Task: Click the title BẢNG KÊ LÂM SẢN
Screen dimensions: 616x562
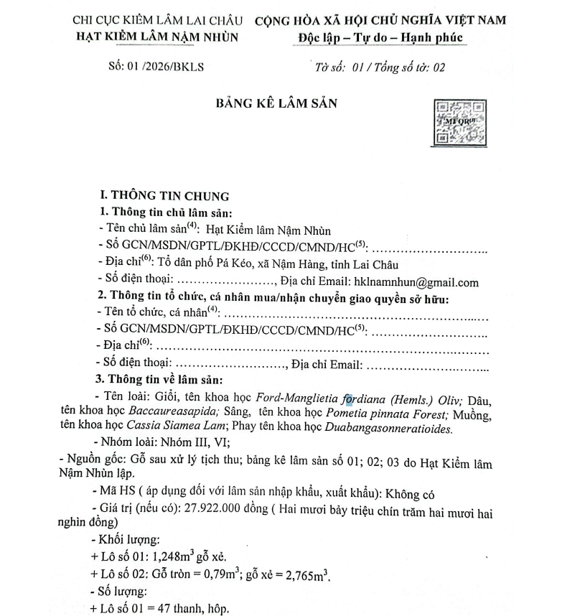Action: click(276, 103)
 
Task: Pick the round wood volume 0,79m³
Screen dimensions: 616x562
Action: click(215, 575)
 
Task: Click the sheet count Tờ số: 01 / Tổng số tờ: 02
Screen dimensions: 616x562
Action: click(380, 67)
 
